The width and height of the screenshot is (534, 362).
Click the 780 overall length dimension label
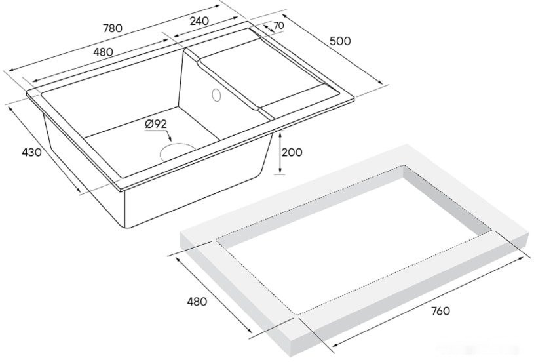click(113, 29)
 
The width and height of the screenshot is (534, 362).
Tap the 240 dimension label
click(199, 20)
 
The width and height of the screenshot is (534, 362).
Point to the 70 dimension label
click(278, 26)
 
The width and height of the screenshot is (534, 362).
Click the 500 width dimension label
click(339, 41)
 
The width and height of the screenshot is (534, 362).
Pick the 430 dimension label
click(31, 153)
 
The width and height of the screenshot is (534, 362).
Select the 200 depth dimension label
click(292, 153)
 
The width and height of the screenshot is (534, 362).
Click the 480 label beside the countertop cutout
click(197, 302)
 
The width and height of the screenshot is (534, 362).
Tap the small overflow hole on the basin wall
click(216, 95)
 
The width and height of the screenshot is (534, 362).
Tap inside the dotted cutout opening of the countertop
click(354, 236)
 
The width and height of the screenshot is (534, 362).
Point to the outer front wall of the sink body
click(190, 197)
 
